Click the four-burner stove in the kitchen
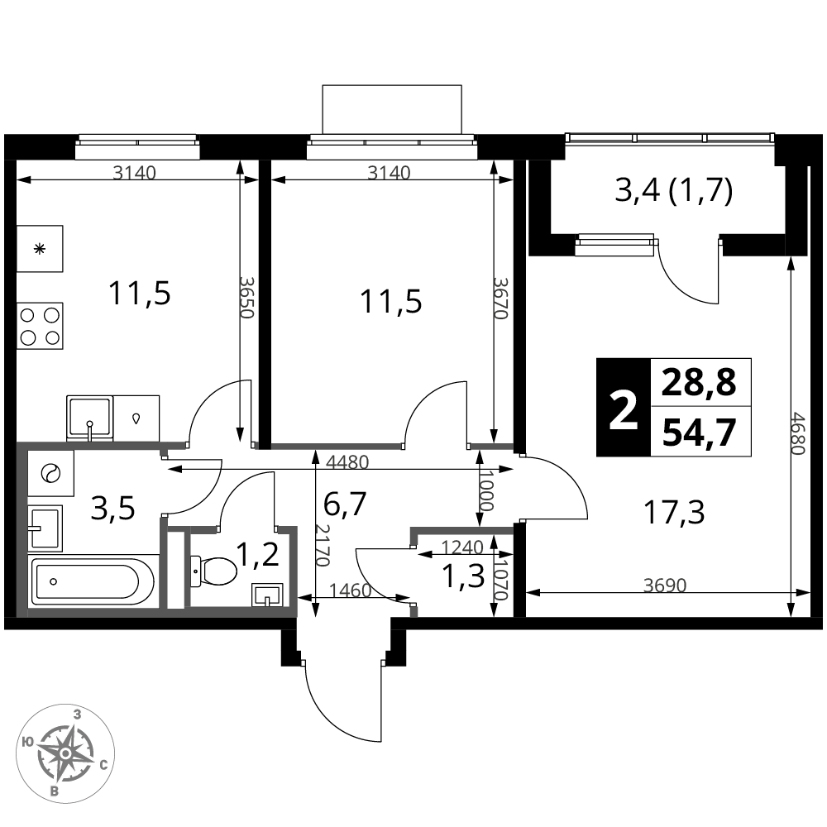tap(40, 325)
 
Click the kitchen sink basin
tap(89, 418)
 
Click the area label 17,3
tap(674, 512)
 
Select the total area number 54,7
tap(699, 433)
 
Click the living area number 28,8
tap(699, 383)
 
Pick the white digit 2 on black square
tap(624, 408)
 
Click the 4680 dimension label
tap(799, 433)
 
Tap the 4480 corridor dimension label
tap(347, 462)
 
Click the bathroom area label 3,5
tap(112, 509)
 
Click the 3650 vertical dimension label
tap(246, 297)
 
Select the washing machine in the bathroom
tap(50, 473)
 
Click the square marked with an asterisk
tap(40, 249)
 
